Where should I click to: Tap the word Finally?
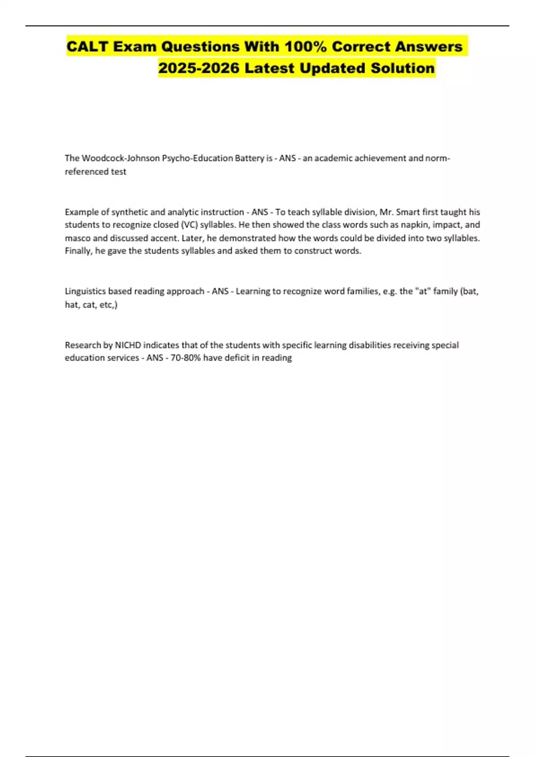point(79,251)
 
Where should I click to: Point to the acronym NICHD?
point(128,345)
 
